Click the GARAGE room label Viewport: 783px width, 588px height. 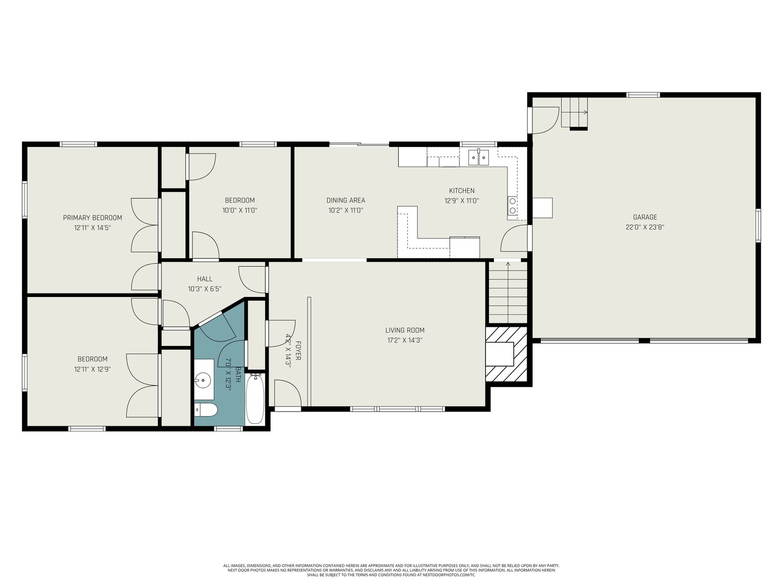pos(645,217)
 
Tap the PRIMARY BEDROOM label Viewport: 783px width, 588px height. pos(92,218)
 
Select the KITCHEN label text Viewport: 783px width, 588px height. pos(461,191)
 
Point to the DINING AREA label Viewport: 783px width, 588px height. pos(345,200)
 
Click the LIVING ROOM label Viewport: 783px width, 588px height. pos(405,330)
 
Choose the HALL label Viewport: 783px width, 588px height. pos(205,279)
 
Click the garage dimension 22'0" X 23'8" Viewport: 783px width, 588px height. pos(645,227)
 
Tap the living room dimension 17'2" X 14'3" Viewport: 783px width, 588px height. pos(405,340)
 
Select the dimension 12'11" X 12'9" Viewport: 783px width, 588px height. pos(92,369)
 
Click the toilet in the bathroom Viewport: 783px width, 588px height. pos(206,410)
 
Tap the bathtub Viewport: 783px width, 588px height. pos(255,399)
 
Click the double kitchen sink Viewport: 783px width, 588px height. pos(478,157)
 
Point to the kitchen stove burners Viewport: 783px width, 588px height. pos(512,206)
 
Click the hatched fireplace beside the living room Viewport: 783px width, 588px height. pos(506,354)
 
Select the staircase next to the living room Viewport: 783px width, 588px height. pos(507,293)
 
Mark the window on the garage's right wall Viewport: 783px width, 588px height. pos(758,225)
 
